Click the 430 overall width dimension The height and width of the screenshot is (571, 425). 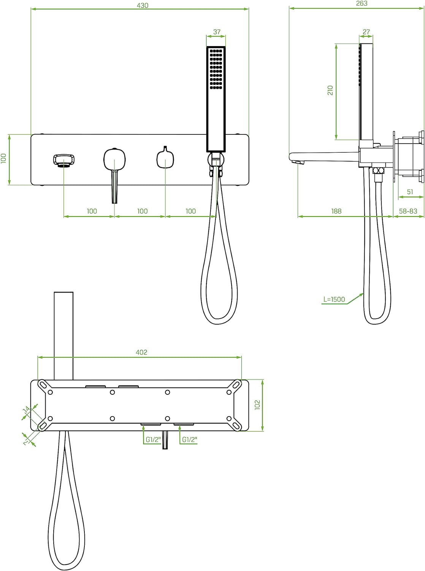[142, 5]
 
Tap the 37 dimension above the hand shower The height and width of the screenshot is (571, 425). [217, 32]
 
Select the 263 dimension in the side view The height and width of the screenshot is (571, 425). [362, 3]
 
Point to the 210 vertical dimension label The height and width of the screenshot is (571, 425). [330, 90]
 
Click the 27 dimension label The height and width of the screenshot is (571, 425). [366, 32]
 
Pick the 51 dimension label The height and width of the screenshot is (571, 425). [410, 192]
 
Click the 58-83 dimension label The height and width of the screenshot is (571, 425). [408, 211]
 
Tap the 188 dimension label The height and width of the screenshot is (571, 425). [336, 211]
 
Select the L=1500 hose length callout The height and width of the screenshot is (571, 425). [334, 299]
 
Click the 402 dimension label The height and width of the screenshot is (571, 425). [141, 352]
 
